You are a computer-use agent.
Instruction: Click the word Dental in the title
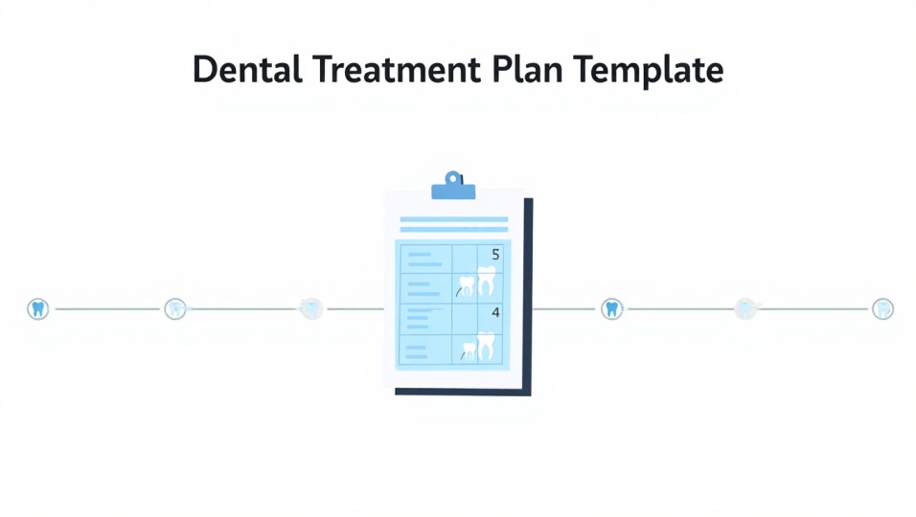click(x=244, y=70)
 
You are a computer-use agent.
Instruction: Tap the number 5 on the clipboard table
click(x=495, y=255)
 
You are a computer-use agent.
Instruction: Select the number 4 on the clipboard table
click(x=495, y=313)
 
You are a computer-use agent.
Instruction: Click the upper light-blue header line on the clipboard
click(x=453, y=219)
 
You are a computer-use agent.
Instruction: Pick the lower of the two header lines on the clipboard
click(x=453, y=230)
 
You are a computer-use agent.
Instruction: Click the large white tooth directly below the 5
click(x=486, y=282)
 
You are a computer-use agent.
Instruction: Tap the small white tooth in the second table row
click(x=468, y=285)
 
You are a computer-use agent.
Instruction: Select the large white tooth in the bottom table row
click(x=487, y=346)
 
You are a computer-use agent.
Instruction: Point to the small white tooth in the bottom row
click(x=469, y=351)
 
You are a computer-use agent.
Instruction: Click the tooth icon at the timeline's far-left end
click(x=38, y=308)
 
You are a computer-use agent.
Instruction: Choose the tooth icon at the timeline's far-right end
click(x=882, y=308)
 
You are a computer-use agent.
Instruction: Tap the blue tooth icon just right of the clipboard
click(x=611, y=308)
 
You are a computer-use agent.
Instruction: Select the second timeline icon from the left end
click(x=174, y=308)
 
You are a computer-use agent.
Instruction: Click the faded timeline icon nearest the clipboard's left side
click(x=310, y=308)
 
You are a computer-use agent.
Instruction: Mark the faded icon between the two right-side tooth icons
click(x=745, y=308)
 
